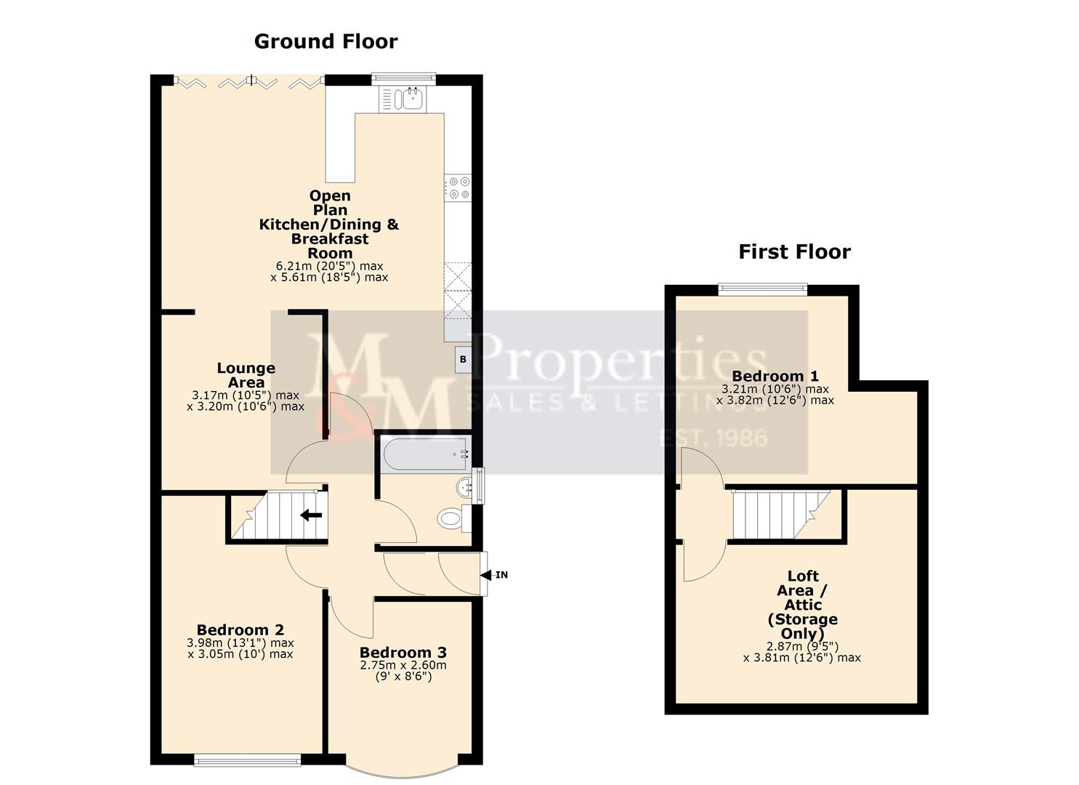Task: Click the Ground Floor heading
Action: coord(326,41)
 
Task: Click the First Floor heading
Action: coord(794,251)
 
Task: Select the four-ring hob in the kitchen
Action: coord(458,188)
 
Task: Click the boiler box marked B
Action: coord(463,360)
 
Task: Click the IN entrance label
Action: coord(501,575)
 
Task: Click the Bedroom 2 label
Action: coord(240,630)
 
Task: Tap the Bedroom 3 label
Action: coord(403,652)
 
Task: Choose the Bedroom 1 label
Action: coord(775,376)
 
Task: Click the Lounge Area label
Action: coord(246,375)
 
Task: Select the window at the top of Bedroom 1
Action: coord(762,289)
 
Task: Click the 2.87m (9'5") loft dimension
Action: coord(801,646)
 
